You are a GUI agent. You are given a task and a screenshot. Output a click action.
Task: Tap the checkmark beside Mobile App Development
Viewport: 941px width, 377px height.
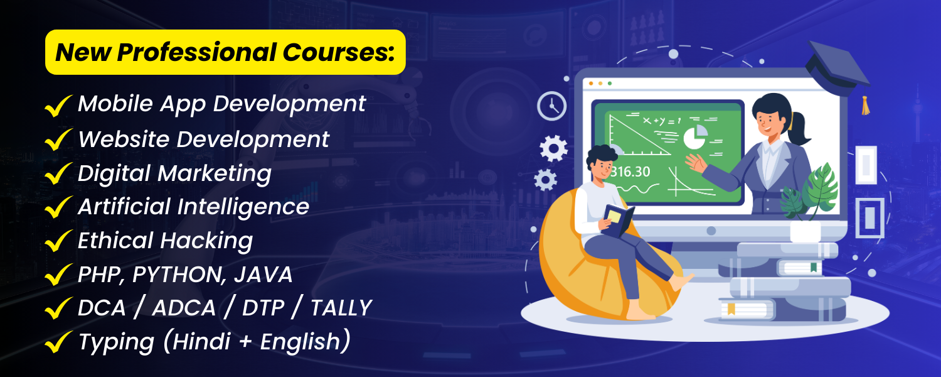(58, 106)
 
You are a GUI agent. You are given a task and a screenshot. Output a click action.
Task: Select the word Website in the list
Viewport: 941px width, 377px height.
(124, 139)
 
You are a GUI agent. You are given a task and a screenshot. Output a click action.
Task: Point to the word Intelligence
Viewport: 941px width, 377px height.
(243, 207)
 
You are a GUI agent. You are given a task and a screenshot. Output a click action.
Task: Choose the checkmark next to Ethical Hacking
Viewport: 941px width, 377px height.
(58, 241)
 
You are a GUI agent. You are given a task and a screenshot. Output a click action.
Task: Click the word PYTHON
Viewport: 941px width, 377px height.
(179, 275)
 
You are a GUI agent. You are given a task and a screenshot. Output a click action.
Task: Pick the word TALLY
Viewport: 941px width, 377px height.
(341, 308)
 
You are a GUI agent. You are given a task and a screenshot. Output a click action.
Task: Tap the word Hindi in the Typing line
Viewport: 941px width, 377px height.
(201, 341)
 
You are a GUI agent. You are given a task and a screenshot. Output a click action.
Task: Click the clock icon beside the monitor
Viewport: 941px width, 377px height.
(551, 106)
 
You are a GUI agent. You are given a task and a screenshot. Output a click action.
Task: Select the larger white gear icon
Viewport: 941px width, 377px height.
(553, 148)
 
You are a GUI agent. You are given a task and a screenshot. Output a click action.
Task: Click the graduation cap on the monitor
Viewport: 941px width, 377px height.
(837, 69)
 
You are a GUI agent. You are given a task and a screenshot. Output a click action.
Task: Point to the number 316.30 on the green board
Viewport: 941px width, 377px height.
(629, 172)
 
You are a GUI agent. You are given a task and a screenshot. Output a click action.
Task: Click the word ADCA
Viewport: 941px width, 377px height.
(184, 308)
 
